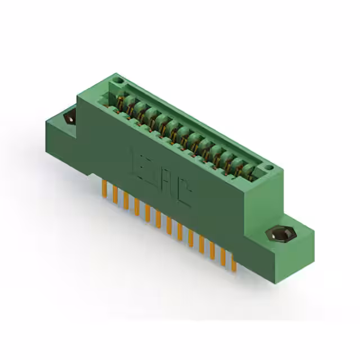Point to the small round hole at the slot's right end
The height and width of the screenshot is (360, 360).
[269, 167]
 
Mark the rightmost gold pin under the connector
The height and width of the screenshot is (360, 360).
[232, 260]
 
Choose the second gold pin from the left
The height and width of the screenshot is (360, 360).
[115, 194]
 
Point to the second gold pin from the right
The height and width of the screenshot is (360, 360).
[222, 254]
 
